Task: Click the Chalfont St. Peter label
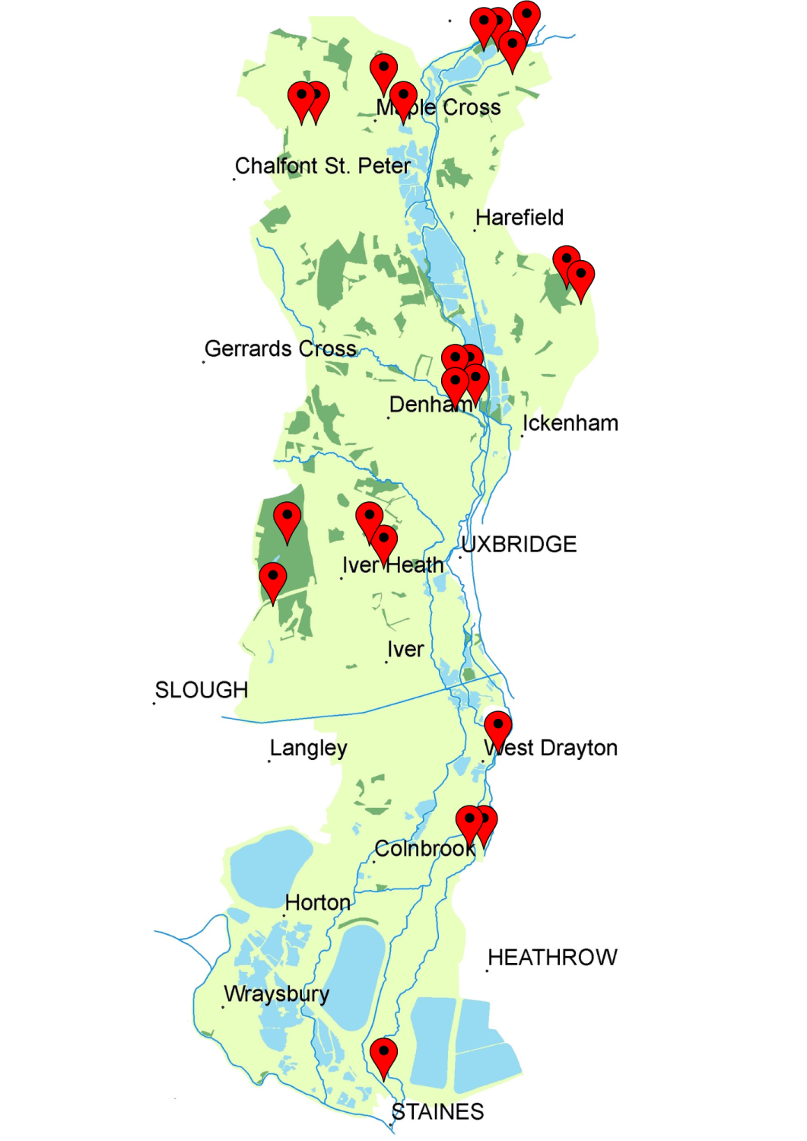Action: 322,166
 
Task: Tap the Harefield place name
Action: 519,218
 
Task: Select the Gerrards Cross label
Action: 280,349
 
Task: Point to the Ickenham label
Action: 570,423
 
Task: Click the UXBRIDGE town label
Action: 519,545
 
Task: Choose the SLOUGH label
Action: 202,690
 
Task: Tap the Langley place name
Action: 308,748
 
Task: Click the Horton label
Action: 317,903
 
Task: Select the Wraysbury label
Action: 277,994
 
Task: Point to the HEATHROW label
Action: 552,958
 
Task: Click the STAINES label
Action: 438,1112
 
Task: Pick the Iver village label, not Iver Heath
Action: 405,650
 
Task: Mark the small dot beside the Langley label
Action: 269,761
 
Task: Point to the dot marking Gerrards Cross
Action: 203,362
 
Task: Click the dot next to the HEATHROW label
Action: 488,971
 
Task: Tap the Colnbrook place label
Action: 424,849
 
